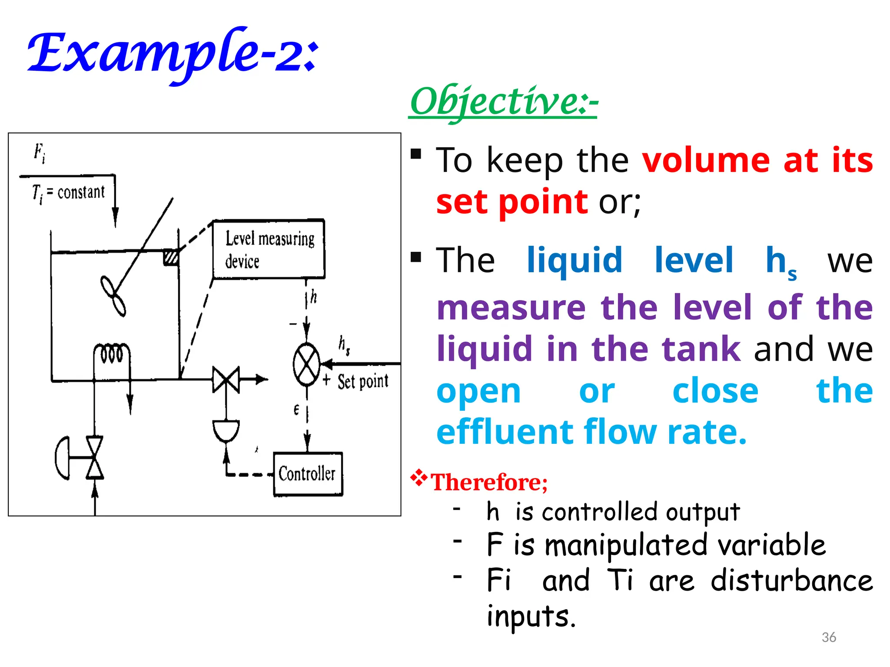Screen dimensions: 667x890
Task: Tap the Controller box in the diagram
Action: coord(308,474)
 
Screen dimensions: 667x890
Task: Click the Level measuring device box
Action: coord(269,249)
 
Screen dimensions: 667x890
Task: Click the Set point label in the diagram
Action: coord(363,382)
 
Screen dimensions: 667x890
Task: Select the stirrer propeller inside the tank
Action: coord(113,296)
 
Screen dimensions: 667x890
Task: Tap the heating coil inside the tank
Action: coord(112,353)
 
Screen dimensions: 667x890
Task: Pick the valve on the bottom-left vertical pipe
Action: coord(95,458)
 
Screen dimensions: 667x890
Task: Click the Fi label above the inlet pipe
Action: coord(40,153)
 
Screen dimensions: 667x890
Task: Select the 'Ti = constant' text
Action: coord(69,193)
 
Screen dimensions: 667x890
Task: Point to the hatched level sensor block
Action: coord(171,257)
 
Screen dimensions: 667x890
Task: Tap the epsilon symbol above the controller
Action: coord(296,409)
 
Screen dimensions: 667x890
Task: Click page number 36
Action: coord(829,637)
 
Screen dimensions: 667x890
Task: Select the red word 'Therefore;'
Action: coord(489,482)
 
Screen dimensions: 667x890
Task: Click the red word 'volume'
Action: coord(706,160)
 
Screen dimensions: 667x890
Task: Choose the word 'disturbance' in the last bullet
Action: coord(791,581)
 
